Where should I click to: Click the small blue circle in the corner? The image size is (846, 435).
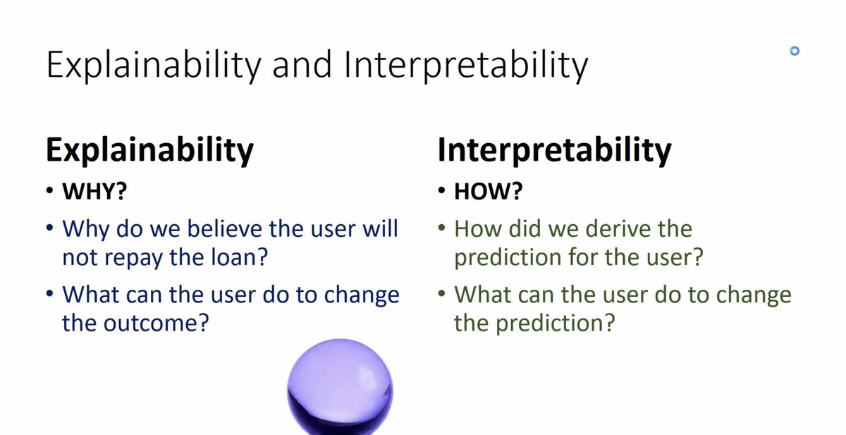795,51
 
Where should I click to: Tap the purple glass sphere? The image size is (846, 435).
340,387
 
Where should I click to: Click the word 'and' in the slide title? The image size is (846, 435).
302,65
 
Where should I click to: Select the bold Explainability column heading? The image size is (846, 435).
149,150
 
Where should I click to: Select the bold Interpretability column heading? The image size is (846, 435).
554,150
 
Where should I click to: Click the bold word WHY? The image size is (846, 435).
94,191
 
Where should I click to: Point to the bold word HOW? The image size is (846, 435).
489,191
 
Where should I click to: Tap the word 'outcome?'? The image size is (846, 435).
156,323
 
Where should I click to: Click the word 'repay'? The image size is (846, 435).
134,259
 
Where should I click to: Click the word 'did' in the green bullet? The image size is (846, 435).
525,228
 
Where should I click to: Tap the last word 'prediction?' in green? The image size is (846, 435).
556,324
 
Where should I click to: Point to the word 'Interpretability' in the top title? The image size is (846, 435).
467,66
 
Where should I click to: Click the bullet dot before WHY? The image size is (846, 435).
49,190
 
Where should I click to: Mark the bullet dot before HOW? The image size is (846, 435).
441,190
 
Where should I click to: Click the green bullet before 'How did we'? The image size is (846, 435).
441,228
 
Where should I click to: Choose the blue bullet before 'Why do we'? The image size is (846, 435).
49,228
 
